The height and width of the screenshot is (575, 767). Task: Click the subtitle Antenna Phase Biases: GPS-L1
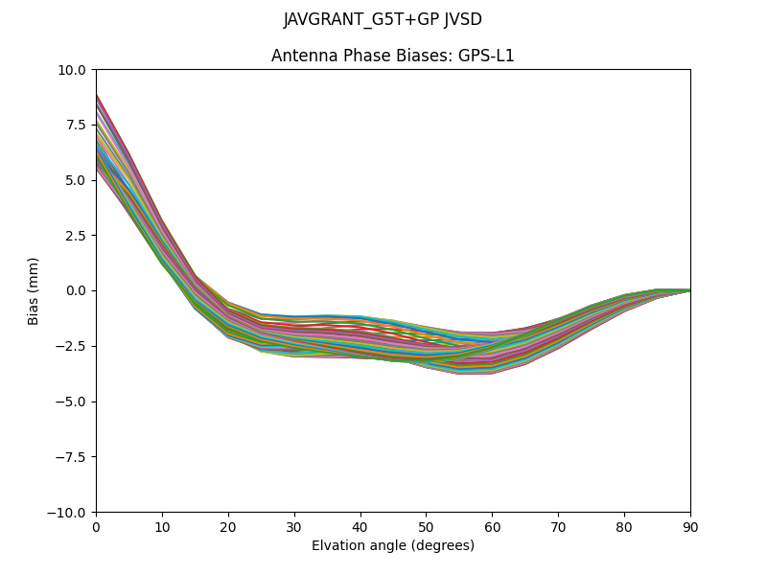(x=393, y=56)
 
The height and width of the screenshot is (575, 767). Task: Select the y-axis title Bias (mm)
(x=34, y=290)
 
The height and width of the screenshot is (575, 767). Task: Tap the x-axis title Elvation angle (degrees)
(x=393, y=546)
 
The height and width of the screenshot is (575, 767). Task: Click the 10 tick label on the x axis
(x=162, y=527)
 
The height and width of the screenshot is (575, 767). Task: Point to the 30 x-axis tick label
(x=294, y=527)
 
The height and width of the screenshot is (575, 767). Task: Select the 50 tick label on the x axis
(x=426, y=527)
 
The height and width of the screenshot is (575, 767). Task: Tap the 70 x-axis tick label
(x=558, y=527)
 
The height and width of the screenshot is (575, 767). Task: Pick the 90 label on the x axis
(x=690, y=527)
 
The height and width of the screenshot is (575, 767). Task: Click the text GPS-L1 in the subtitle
(x=487, y=56)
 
